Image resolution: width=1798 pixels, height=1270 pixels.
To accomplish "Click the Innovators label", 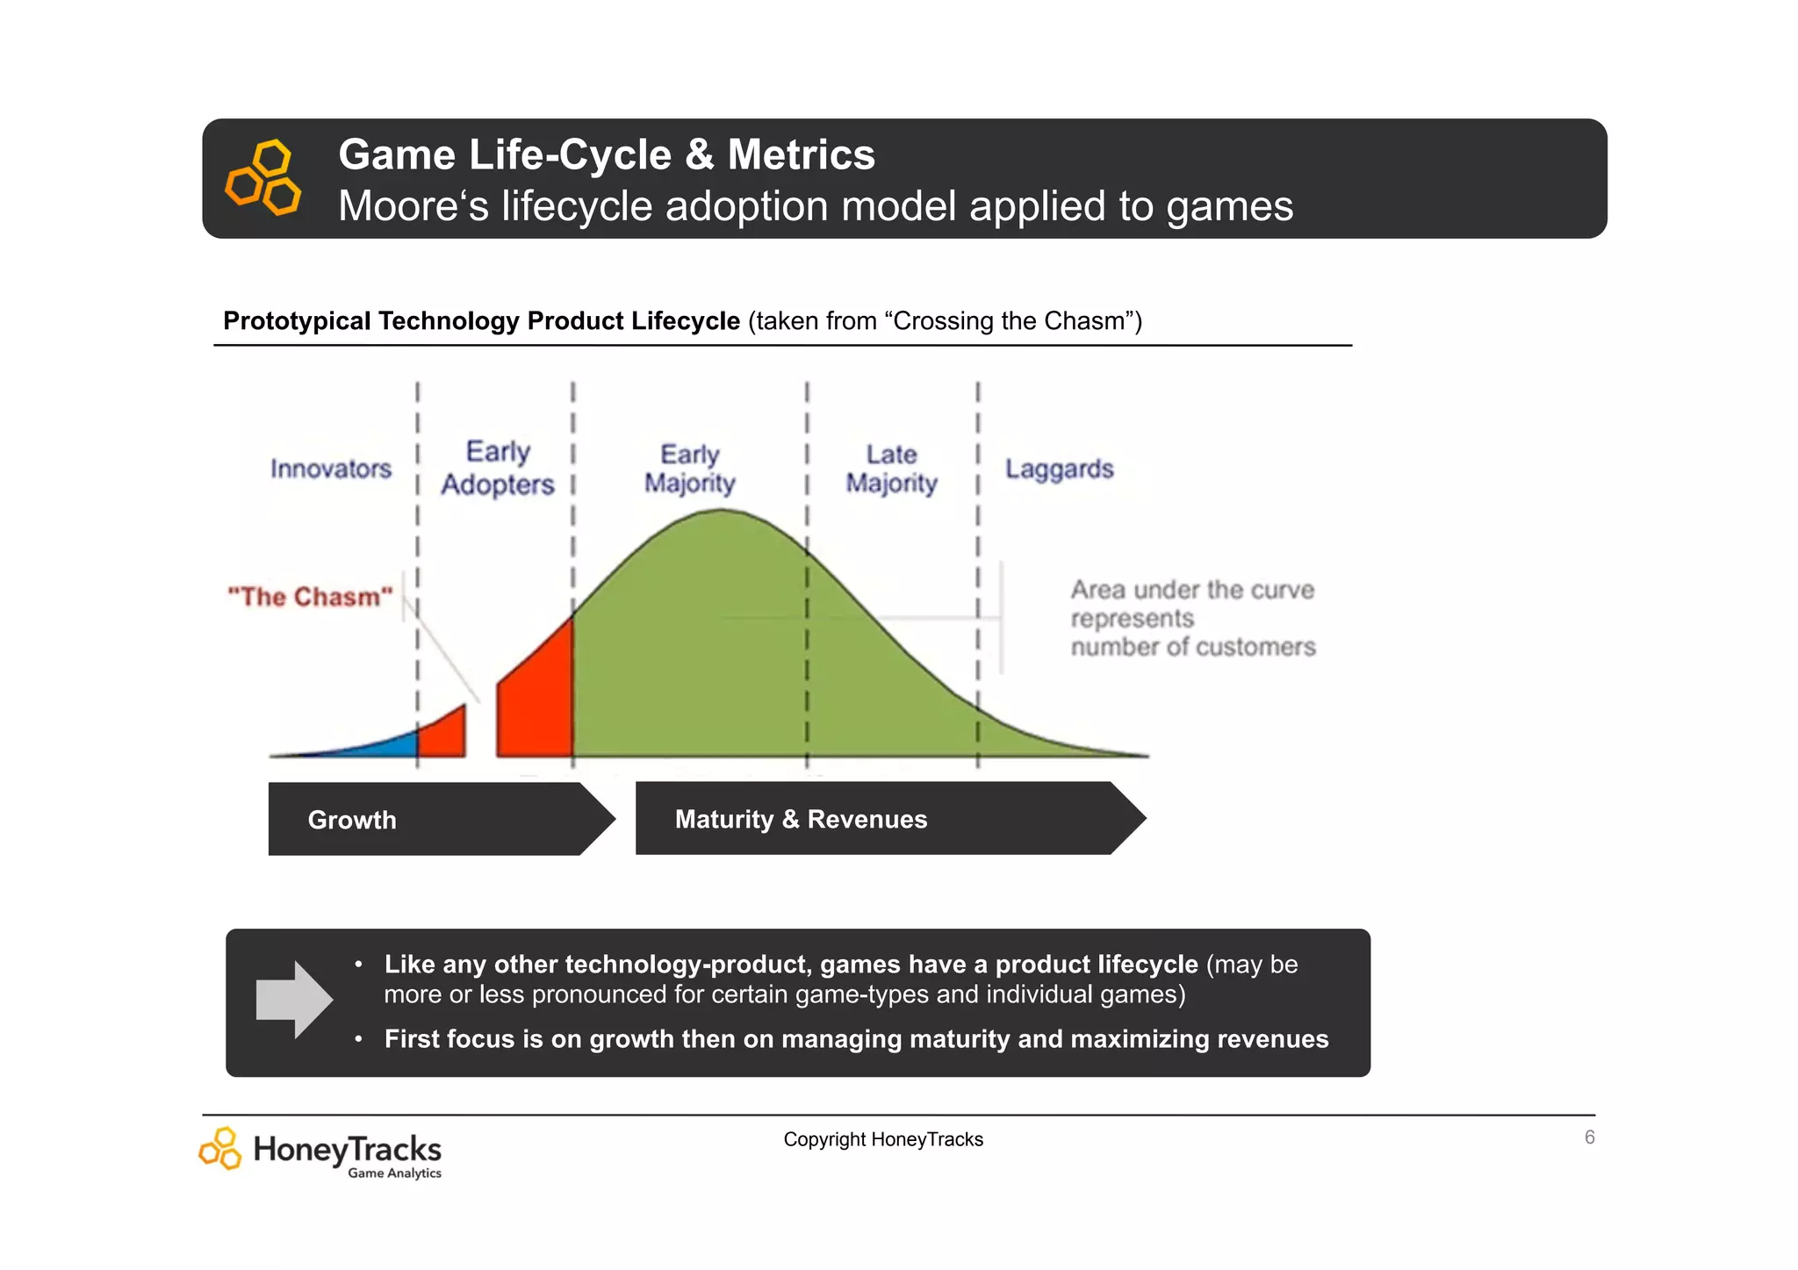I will tap(331, 469).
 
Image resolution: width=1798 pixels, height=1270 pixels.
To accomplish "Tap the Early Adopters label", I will tap(498, 468).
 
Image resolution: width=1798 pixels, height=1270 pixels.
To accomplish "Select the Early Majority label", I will tap(690, 469).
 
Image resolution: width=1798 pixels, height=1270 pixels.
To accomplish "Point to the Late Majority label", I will tap(891, 469).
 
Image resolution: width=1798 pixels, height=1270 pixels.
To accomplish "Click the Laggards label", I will tap(1059, 469).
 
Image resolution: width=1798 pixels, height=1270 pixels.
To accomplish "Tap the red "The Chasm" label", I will tap(310, 597).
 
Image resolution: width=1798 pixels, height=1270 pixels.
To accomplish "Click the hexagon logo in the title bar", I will tap(263, 177).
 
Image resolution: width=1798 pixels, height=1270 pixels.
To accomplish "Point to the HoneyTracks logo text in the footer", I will tap(347, 1149).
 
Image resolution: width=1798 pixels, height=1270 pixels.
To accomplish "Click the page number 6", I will tap(1589, 1137).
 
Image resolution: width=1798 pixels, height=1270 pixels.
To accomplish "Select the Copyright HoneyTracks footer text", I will tap(883, 1139).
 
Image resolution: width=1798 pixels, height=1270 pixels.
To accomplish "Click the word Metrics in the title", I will tap(801, 154).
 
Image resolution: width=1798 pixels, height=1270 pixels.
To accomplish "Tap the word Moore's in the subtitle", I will tap(414, 206).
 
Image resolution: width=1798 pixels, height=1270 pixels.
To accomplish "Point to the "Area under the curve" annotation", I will tap(1192, 618).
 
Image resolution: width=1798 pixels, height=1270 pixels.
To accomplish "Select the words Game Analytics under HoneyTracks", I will tap(394, 1173).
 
